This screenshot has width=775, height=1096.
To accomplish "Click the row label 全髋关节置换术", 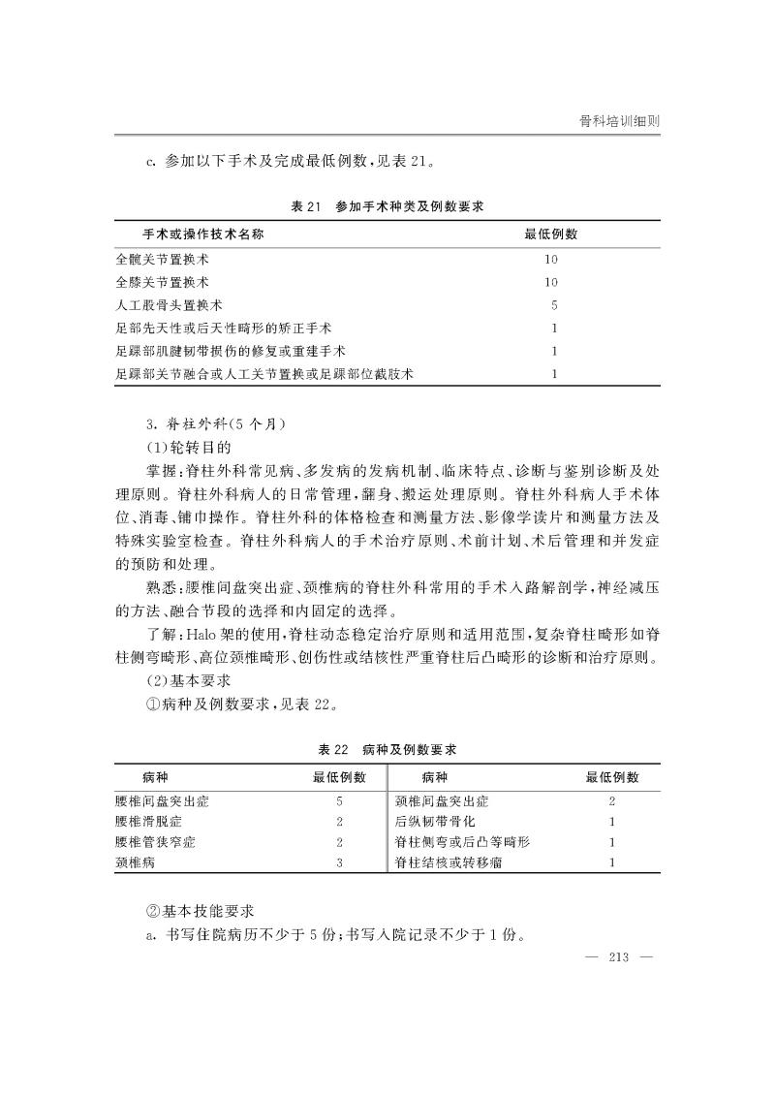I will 162,260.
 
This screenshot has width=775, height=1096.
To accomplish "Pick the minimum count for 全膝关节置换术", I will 551,283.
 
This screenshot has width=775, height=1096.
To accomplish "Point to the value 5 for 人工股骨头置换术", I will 552,305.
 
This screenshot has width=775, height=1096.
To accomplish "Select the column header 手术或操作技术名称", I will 203,235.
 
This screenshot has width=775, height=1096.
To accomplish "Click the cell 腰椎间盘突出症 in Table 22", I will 162,801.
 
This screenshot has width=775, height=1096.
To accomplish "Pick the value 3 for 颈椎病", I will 339,862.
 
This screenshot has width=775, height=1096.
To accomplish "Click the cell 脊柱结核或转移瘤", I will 449,862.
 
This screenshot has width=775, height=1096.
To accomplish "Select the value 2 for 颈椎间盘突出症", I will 611,801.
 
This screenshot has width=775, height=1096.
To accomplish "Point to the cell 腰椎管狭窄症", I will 155,842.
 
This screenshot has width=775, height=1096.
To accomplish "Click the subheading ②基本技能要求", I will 199,912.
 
